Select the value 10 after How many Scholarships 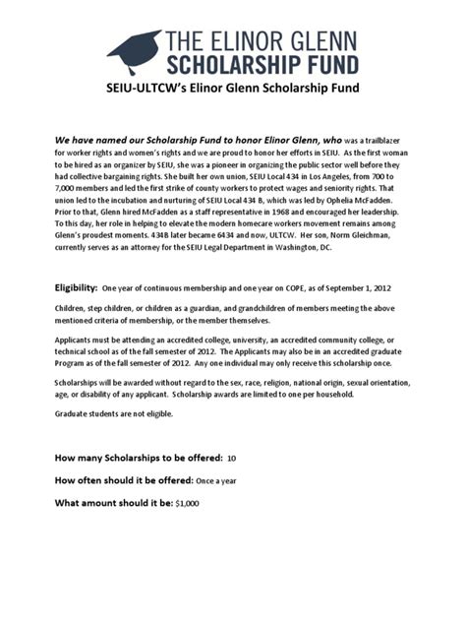point(231,459)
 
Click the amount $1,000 point(186,504)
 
